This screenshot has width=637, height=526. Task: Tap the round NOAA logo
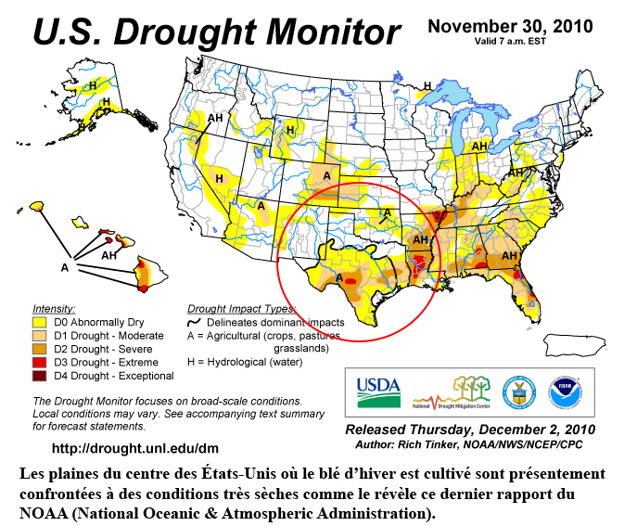[x=566, y=392]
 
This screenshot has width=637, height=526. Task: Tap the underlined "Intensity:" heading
[x=54, y=307]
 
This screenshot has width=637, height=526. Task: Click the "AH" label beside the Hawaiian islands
[x=108, y=255]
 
